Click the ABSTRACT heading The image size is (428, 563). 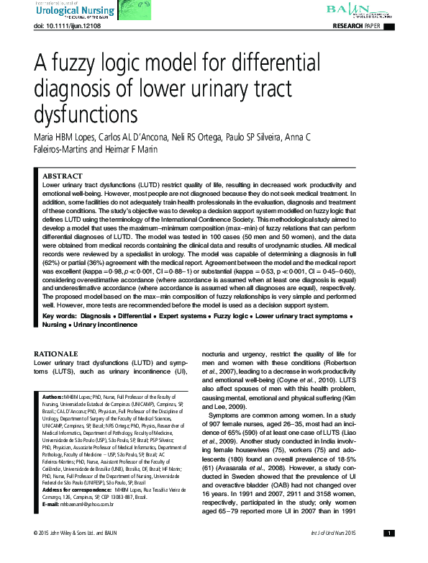pos(62,175)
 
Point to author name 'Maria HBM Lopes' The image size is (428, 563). pos(66,137)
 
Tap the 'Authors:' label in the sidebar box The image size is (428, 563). pos(53,397)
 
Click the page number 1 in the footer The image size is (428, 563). pos(388,553)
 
